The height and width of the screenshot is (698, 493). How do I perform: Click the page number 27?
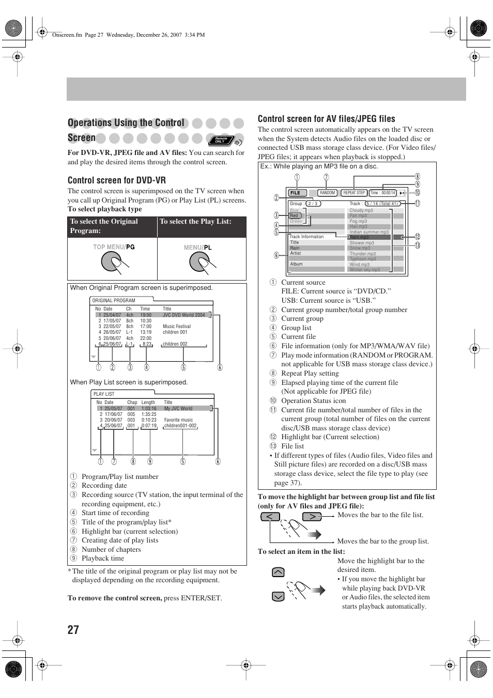pos(73,629)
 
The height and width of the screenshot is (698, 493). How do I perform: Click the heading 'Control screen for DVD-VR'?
pos(117,180)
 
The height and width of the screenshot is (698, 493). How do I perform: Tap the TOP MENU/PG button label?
pos(114,247)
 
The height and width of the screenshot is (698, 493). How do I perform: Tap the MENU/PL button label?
pos(198,247)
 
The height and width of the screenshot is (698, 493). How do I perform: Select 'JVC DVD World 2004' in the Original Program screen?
pos(183,315)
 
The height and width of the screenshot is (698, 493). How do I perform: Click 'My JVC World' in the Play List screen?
pos(178,408)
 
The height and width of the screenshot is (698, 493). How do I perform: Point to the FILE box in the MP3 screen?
pos(295,193)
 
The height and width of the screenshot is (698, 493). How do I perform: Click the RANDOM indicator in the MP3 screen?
pos(328,193)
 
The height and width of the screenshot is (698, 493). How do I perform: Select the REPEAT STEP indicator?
pos(354,193)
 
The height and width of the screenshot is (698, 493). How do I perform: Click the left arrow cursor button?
pos(270,516)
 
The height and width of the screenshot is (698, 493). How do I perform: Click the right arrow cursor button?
pos(312,516)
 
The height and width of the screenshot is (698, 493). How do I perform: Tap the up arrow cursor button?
pos(278,572)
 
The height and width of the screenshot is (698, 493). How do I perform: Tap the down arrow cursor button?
pos(278,597)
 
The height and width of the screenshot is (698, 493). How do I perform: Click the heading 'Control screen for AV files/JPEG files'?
pos(326,119)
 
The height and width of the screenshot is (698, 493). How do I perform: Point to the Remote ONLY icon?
pos(222,139)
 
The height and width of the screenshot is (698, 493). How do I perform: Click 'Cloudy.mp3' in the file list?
pos(361,210)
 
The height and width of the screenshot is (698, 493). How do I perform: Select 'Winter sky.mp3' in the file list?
pos(364,270)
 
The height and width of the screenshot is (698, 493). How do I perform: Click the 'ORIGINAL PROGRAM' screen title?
pos(114,301)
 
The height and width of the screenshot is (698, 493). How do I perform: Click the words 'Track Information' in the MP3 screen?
pos(306,237)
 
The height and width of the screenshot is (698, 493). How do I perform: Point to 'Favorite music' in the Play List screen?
pos(178,420)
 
